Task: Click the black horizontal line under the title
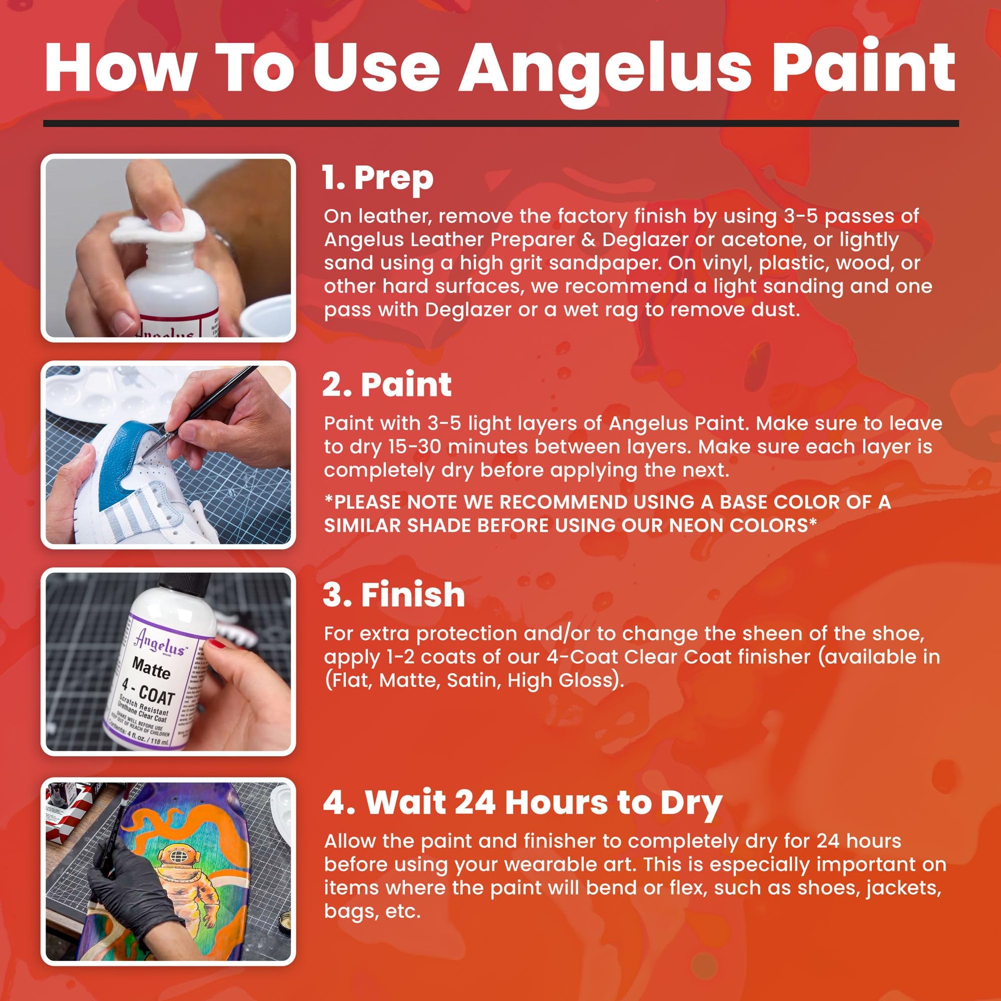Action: tap(500, 123)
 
